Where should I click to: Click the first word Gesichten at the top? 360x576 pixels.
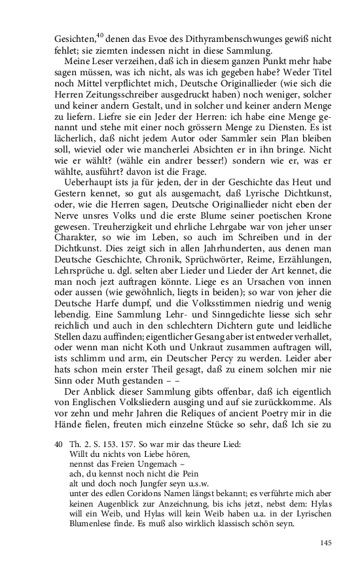73,39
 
